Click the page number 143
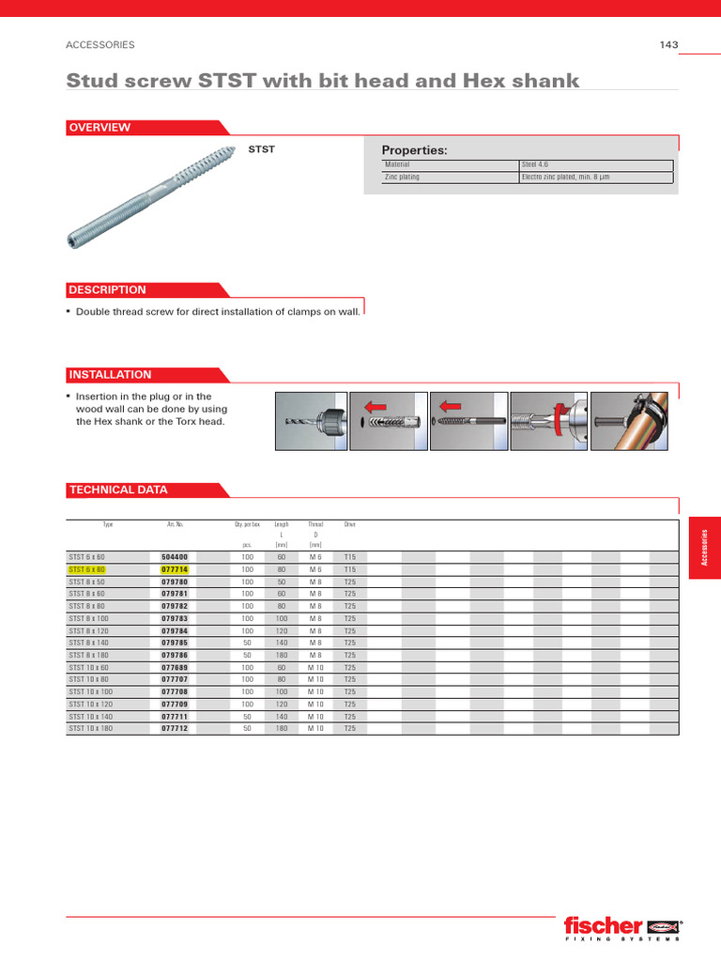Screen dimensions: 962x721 (x=668, y=44)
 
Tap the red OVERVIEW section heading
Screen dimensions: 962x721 (x=100, y=128)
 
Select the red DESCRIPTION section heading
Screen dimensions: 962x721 (x=107, y=290)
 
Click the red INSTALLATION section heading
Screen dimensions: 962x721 (x=110, y=374)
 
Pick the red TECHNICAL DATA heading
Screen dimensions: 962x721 (x=118, y=489)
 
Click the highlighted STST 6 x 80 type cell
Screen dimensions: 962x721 (x=87, y=569)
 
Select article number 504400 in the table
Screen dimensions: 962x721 (x=175, y=557)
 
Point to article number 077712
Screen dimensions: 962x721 (x=175, y=728)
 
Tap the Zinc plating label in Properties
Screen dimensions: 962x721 (x=403, y=177)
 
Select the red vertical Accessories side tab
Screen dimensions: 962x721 (x=704, y=547)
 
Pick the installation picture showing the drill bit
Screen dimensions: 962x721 (x=310, y=421)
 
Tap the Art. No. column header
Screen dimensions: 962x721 (x=174, y=523)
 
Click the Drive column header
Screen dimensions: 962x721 (x=350, y=523)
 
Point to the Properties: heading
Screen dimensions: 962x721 (x=414, y=150)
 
